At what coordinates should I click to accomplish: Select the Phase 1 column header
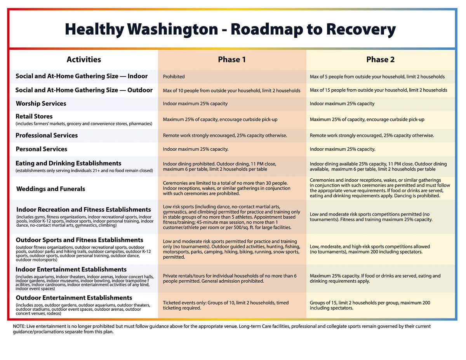pos(232,59)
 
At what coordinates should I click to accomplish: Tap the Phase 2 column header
pos(380,59)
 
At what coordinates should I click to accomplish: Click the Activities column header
pos(83,59)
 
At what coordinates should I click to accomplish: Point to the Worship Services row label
pos(41,103)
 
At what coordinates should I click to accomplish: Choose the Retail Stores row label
pos(34,116)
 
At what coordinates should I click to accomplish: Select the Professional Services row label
pos(47,135)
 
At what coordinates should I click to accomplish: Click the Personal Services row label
pos(41,149)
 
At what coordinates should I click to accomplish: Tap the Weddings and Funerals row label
pos(50,189)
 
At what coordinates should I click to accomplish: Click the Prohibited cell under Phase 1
pos(174,77)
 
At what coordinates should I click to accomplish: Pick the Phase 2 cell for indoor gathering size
pos(377,77)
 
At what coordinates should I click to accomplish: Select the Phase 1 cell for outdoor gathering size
pos(231,90)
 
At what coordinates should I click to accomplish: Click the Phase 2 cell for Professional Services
pos(372,136)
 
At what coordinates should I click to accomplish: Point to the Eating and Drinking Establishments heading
pos(68,163)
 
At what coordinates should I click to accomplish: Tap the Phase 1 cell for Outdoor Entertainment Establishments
pos(226,305)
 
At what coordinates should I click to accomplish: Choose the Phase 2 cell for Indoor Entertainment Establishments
pos(375,278)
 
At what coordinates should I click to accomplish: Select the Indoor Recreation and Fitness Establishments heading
pos(83,209)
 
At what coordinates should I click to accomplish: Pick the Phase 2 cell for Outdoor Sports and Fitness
pos(370,249)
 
